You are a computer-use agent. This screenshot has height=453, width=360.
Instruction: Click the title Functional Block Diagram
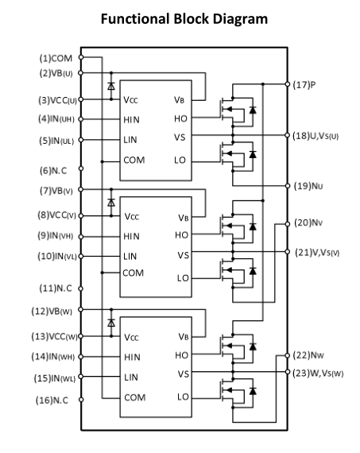click(184, 19)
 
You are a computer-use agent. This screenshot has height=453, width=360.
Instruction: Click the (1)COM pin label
click(56, 58)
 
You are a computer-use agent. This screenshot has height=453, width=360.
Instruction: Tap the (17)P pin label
click(304, 85)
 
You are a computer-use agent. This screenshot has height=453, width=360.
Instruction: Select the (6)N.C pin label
click(53, 170)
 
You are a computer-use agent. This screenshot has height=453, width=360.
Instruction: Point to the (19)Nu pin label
click(308, 186)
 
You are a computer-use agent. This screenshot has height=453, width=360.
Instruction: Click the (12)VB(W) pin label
click(52, 312)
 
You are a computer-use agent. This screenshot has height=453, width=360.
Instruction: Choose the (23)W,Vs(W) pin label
click(318, 374)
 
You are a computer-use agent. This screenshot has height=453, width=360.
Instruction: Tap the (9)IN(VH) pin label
click(55, 236)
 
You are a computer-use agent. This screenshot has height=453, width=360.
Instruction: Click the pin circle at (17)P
click(287, 84)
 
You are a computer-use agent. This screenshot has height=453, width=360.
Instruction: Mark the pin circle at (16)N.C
click(81, 400)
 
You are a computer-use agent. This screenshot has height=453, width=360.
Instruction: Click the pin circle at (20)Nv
click(287, 224)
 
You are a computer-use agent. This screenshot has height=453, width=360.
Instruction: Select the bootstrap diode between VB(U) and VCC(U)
click(111, 86)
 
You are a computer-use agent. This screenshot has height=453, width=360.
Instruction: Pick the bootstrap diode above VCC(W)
click(111, 323)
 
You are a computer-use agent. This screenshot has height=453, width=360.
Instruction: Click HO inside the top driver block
click(180, 118)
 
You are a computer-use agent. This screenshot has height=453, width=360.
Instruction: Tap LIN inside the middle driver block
click(130, 256)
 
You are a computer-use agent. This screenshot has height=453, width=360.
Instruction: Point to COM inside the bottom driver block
click(134, 398)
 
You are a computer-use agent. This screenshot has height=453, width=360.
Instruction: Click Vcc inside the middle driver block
click(132, 216)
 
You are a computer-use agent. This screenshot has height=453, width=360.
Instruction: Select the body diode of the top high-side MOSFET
click(253, 110)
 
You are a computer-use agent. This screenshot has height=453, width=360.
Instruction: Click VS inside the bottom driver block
click(183, 374)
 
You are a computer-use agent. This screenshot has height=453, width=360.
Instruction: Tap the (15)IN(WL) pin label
click(55, 378)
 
